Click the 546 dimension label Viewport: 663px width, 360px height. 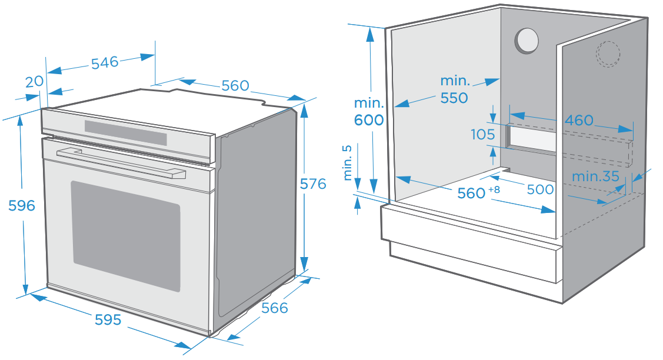pos(105,62)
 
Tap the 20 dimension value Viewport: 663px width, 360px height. pos(35,81)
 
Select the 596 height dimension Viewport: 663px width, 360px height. pos(22,206)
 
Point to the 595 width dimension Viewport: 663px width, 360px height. pos(108,319)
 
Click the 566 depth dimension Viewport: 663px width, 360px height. pos(275,308)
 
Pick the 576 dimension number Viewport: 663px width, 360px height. pos(312,184)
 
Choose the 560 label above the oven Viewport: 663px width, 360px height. pos(235,86)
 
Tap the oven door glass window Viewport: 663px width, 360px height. pos(126,235)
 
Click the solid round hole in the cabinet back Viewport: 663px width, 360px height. pos(527,41)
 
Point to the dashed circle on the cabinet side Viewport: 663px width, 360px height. pos(608,54)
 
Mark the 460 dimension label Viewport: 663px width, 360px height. pos(579,121)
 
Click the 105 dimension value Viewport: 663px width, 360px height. pos(483,135)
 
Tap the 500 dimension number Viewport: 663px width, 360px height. pos(540,189)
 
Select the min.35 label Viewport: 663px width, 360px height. pos(595,176)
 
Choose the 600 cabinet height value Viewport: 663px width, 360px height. pos(369,121)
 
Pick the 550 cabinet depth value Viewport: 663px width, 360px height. pos(454,98)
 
